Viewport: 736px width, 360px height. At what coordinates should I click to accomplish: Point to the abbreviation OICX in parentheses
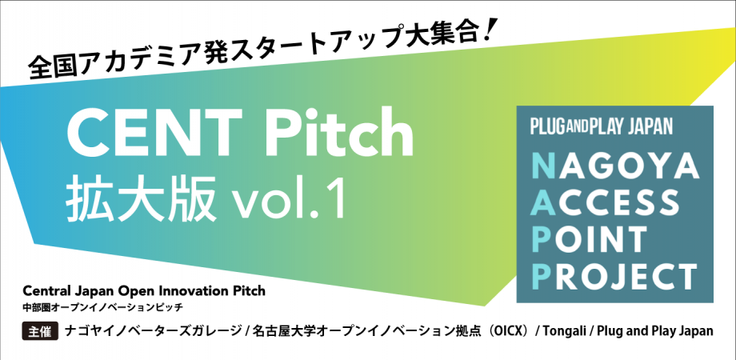click(504, 330)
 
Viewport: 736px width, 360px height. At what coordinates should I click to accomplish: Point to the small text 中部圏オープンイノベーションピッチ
click(108, 306)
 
